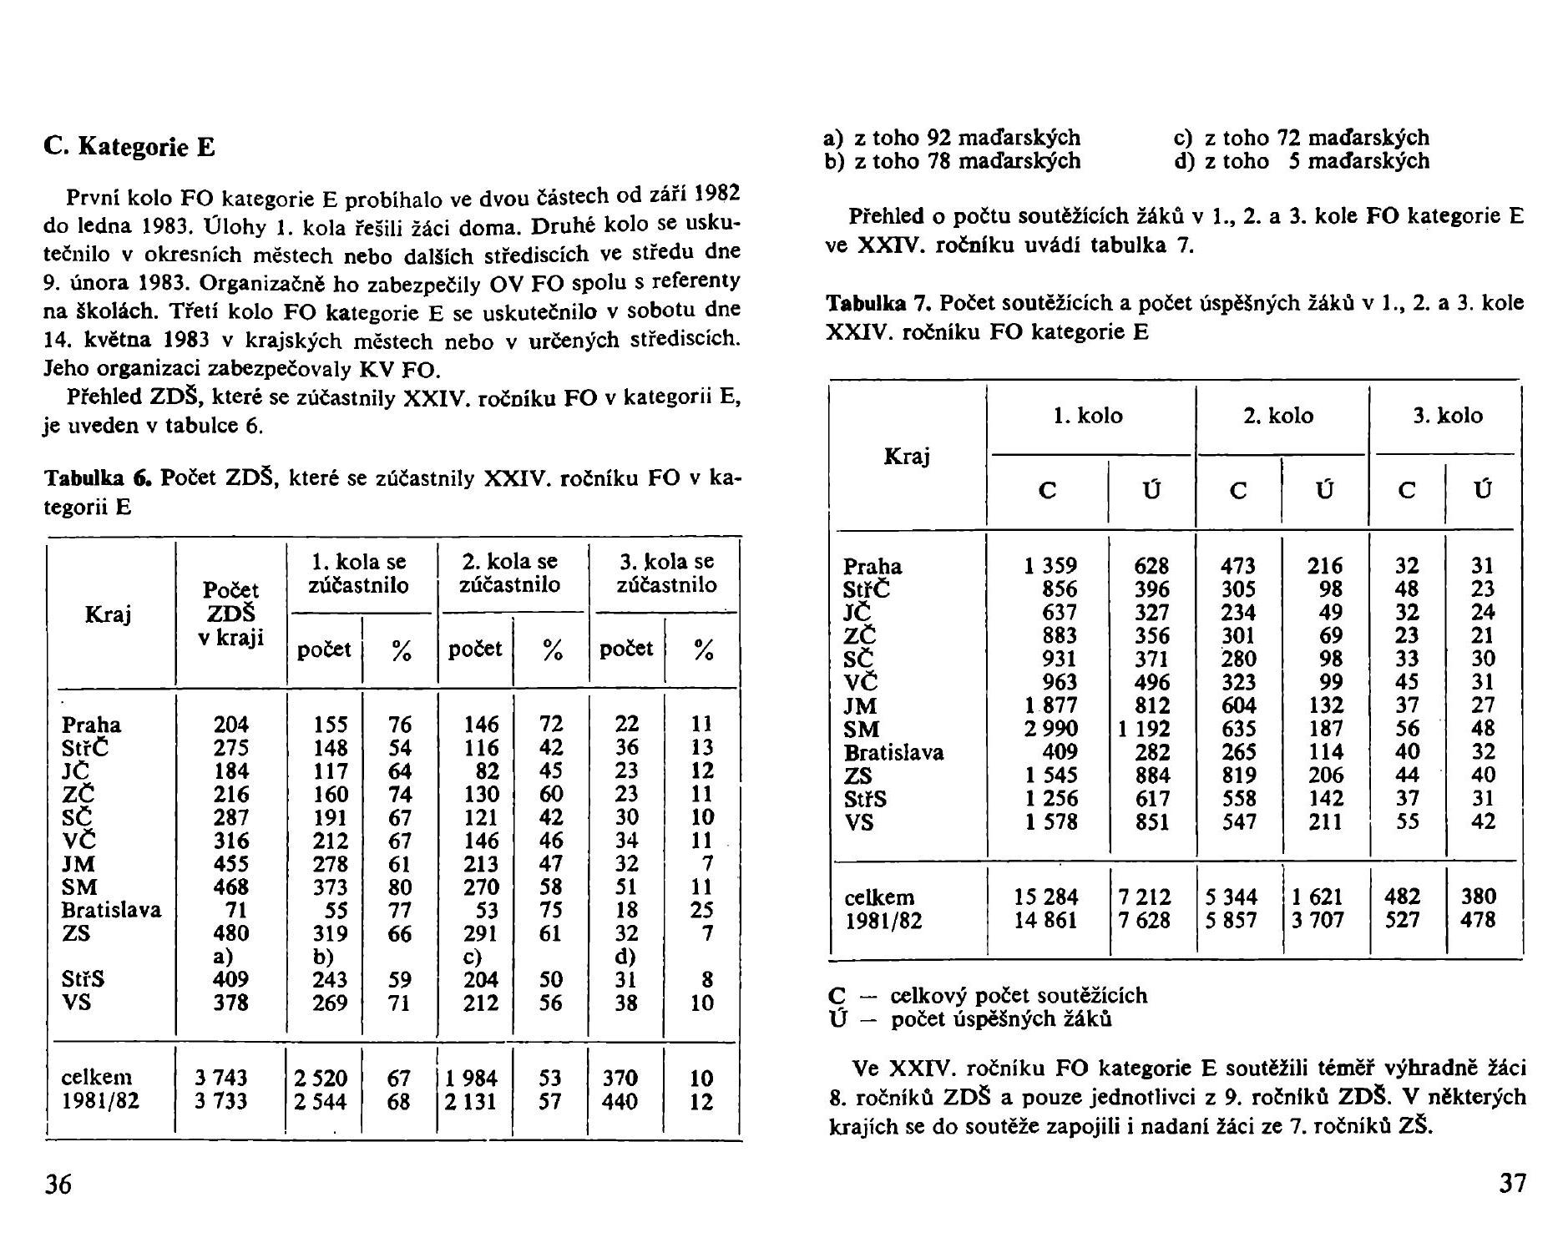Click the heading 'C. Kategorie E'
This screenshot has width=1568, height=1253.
[129, 148]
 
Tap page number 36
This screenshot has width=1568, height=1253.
[58, 1184]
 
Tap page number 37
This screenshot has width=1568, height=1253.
[1512, 1184]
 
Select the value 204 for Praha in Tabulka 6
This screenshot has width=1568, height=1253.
[231, 725]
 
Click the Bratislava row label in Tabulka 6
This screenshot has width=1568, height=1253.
[111, 910]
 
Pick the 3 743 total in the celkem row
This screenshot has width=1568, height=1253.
[221, 1079]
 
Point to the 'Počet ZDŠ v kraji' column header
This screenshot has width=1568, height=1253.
[231, 614]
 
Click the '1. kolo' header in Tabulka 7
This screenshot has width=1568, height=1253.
[1088, 416]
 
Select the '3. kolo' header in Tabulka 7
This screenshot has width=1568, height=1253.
[1448, 416]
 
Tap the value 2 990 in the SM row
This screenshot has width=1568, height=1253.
[1050, 729]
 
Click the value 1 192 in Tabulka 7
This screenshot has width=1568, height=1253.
[1144, 729]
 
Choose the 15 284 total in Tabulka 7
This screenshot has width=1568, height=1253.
[1046, 897]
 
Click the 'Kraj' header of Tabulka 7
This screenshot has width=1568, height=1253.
[907, 456]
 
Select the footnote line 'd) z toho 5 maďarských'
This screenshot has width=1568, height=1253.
[1302, 161]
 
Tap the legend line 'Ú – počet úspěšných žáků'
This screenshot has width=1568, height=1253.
[969, 1019]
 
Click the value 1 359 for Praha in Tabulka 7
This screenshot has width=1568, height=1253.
[1050, 566]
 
